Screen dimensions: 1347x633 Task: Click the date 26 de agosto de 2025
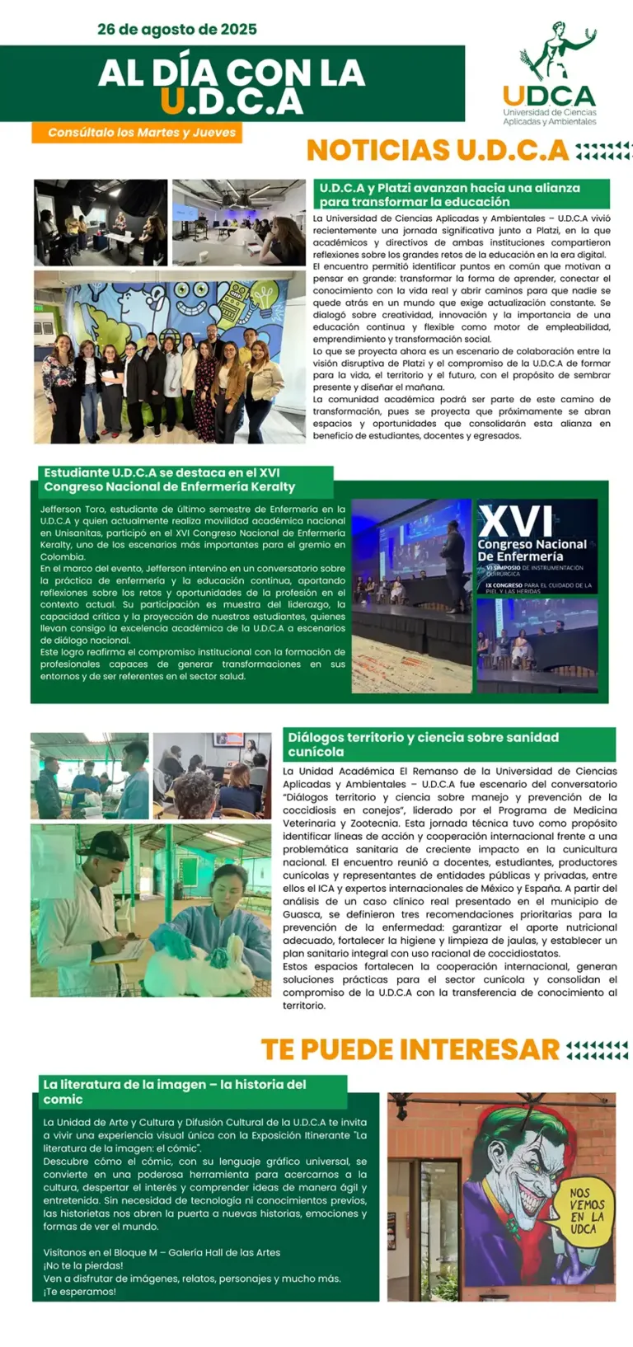pyautogui.click(x=177, y=30)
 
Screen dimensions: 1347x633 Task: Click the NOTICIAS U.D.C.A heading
pyautogui.click(x=438, y=151)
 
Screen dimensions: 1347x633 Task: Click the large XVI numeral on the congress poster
pyautogui.click(x=516, y=520)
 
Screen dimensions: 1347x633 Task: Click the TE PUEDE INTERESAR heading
pyautogui.click(x=410, y=1049)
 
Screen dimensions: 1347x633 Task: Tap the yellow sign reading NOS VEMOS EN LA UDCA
pyautogui.click(x=586, y=1209)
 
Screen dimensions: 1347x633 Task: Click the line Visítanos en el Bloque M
pyautogui.click(x=162, y=1252)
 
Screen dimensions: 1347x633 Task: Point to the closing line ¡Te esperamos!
pyautogui.click(x=80, y=1292)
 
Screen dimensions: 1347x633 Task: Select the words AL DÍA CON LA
pyautogui.click(x=232, y=73)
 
